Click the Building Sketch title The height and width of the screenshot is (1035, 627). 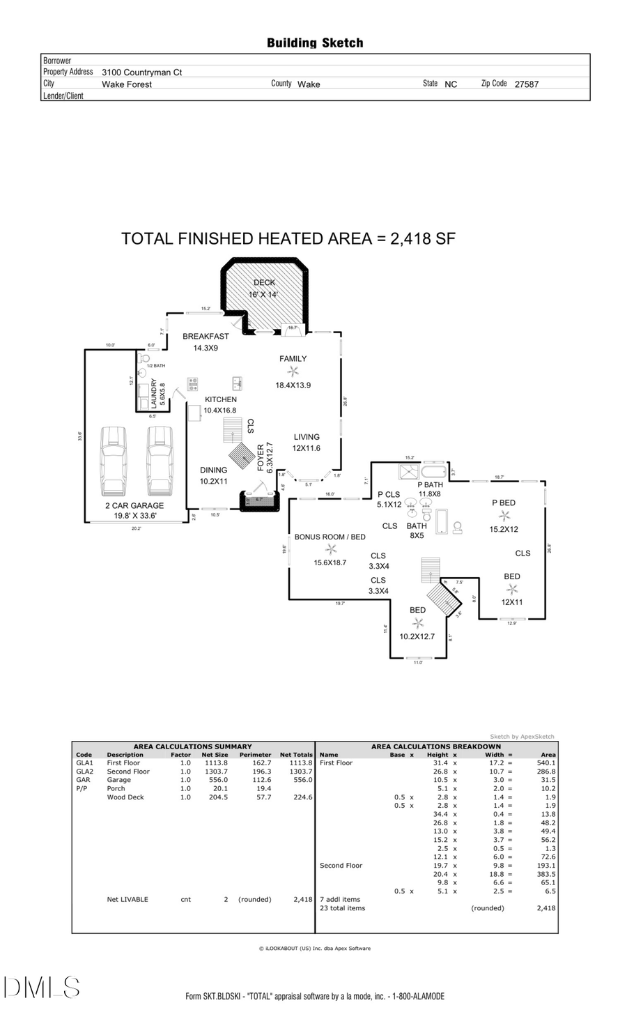point(315,43)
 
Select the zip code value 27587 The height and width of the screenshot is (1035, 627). point(526,84)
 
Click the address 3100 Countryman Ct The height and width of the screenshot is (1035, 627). point(142,72)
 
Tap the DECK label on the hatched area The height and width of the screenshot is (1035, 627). point(264,282)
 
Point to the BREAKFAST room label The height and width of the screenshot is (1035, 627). point(206,336)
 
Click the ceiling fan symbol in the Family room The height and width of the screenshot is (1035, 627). point(293,371)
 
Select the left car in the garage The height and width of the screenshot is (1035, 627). point(114,461)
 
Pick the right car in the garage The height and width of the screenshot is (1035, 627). point(160,461)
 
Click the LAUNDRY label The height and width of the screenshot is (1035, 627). point(154,394)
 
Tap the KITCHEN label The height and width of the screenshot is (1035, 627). point(220,399)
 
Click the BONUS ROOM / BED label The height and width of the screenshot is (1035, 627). point(330,537)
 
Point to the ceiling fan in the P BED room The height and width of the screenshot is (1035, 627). point(504,516)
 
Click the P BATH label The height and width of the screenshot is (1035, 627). point(430,484)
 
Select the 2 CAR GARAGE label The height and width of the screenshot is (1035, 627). point(134,505)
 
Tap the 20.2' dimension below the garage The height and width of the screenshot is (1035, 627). point(136,528)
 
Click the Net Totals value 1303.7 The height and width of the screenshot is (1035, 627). point(301,772)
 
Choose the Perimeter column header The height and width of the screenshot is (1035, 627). point(255,755)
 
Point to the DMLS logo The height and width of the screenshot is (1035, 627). point(42,987)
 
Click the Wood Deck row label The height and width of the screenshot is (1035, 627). point(125,797)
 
